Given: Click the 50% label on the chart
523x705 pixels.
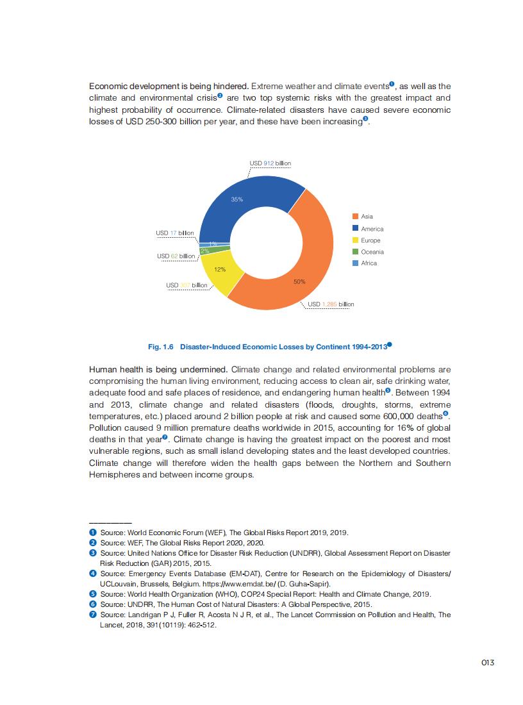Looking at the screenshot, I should (x=299, y=281).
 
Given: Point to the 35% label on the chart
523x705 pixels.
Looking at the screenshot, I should (x=237, y=199).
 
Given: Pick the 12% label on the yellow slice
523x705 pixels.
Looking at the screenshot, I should (x=220, y=269).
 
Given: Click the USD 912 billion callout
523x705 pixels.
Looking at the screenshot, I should (x=270, y=163).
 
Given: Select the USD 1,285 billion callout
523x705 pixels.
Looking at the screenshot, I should (x=331, y=304).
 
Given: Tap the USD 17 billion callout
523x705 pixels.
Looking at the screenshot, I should (x=174, y=233).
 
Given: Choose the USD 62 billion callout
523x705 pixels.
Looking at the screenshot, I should (x=176, y=256).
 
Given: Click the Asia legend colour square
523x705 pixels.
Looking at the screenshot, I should (x=355, y=217).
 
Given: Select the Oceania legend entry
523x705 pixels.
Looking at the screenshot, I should (x=372, y=252).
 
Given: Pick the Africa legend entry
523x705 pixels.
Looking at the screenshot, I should (x=369, y=263).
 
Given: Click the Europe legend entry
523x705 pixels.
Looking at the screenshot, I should (x=370, y=240).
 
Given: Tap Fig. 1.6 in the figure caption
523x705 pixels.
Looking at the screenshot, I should (x=161, y=347).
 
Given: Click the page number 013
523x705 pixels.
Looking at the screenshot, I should (x=488, y=663).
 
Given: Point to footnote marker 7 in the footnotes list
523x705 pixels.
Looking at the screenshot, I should (x=93, y=615).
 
